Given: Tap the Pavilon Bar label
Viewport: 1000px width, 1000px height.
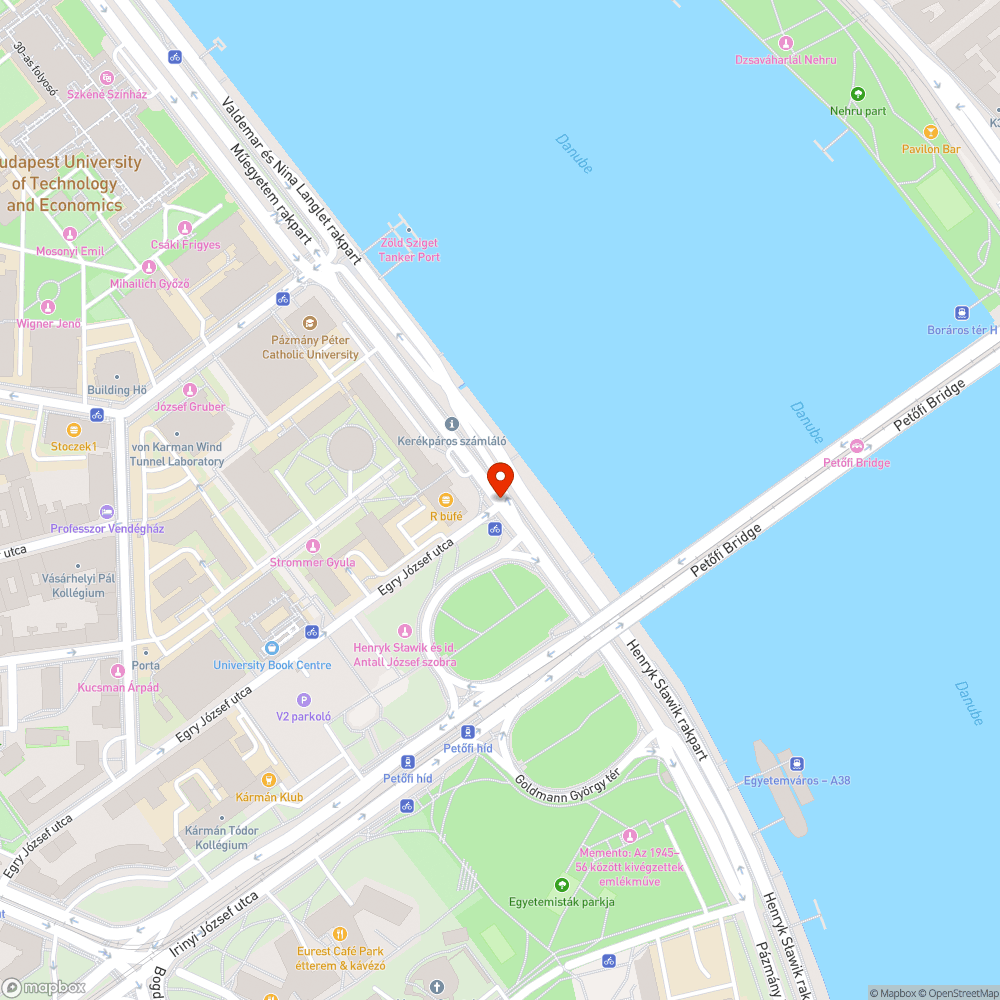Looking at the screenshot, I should (x=931, y=149).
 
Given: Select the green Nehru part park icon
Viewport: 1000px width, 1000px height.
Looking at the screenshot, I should (x=857, y=94).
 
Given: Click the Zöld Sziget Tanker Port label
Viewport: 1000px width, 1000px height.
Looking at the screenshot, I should (x=409, y=250).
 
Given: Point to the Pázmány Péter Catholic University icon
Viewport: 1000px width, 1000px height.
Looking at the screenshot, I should (x=310, y=323).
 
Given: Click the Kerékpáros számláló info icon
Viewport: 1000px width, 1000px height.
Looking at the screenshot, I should (x=451, y=424).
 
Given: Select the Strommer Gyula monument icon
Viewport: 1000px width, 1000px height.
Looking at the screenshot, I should (x=312, y=546).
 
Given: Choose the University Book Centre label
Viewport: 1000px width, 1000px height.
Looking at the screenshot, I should (x=272, y=665).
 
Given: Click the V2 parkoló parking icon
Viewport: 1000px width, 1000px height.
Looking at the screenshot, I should (x=304, y=700).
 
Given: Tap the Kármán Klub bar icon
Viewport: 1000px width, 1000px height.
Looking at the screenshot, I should (x=268, y=780).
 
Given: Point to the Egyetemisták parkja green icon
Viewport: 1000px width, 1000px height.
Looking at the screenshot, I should (x=561, y=885).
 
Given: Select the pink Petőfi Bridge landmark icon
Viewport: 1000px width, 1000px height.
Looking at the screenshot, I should (x=856, y=446).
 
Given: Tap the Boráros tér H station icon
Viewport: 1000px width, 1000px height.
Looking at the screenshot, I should (x=962, y=313).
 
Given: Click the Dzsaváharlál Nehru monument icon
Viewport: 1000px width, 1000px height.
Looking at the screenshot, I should (x=785, y=43).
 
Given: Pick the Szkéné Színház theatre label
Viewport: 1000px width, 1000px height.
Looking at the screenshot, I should (x=107, y=94).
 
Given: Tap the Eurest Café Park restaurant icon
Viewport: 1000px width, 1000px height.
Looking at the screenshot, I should (x=339, y=934).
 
